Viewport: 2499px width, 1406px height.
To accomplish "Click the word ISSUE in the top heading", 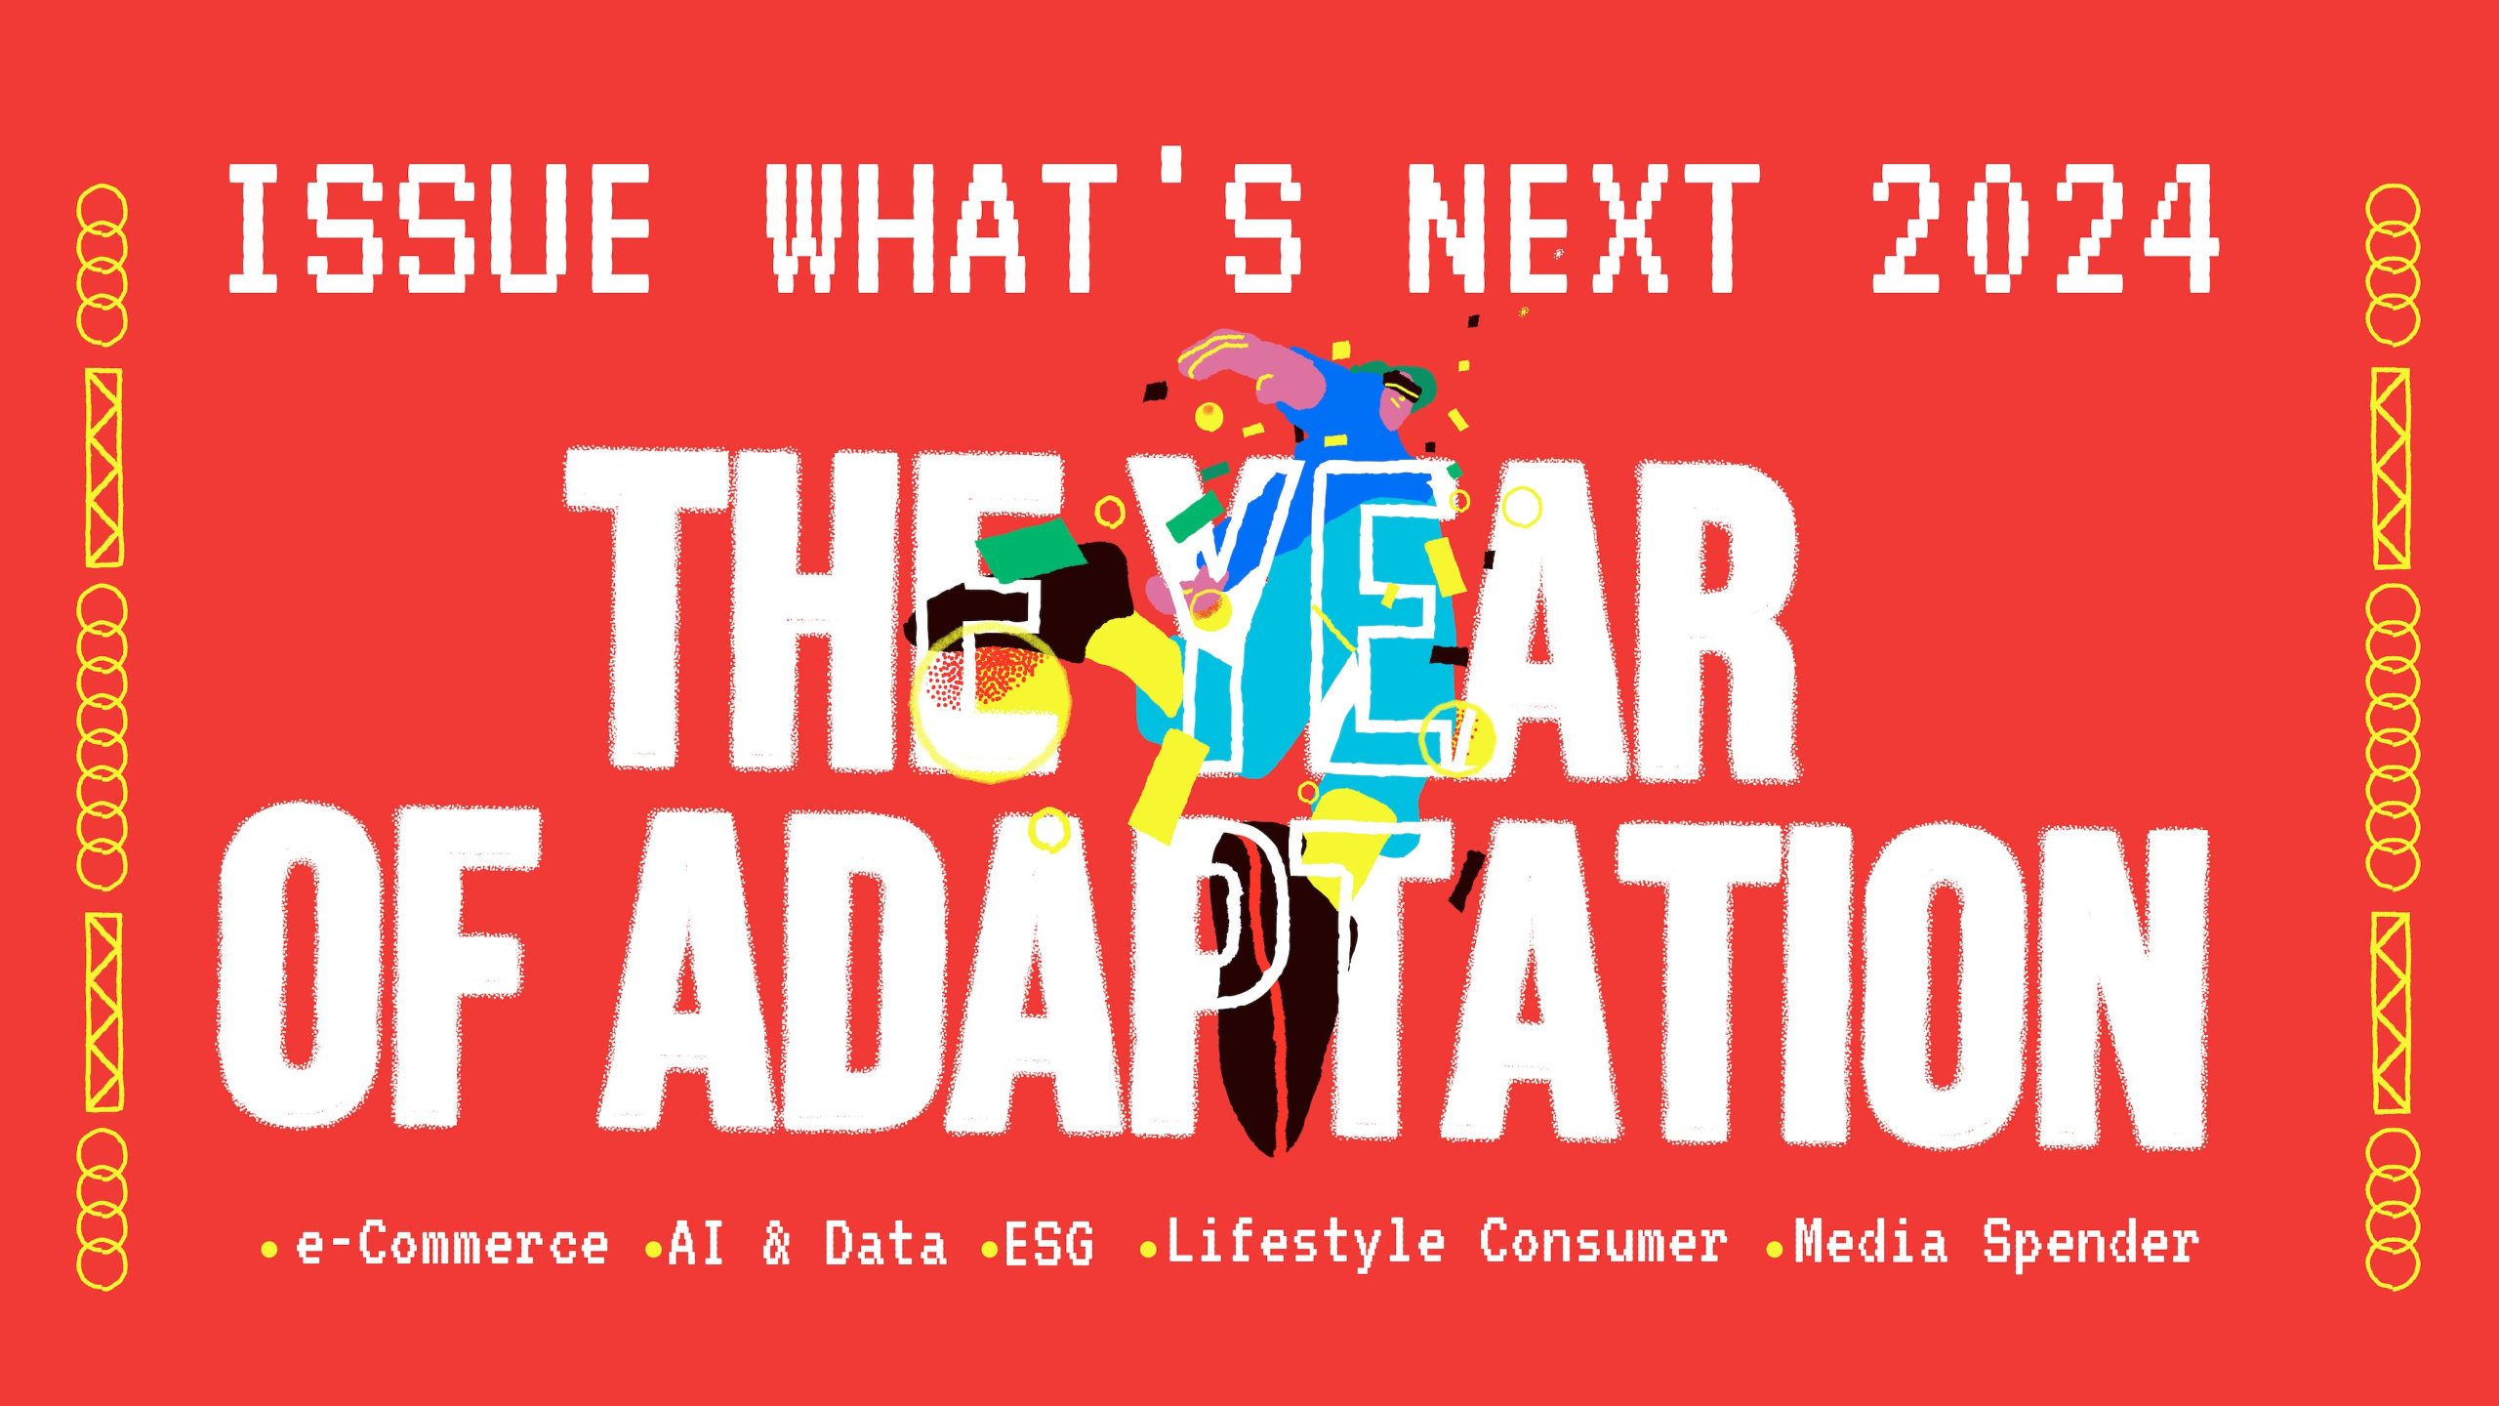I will click(438, 229).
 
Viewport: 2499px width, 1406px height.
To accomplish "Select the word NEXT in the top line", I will click(1581, 229).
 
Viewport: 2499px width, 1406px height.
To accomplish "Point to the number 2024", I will click(2043, 229).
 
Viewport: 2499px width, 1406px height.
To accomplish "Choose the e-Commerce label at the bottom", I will click(451, 1244).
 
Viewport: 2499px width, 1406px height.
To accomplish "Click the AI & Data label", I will click(807, 1244).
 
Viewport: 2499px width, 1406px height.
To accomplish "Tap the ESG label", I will click(1049, 1244).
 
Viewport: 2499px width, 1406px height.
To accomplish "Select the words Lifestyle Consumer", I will click(1446, 1242).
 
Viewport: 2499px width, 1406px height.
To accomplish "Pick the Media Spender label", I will click(1996, 1242).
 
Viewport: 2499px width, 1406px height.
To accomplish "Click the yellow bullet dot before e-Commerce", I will click(269, 1249).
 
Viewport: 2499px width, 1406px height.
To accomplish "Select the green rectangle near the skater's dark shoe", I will click(1030, 547).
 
